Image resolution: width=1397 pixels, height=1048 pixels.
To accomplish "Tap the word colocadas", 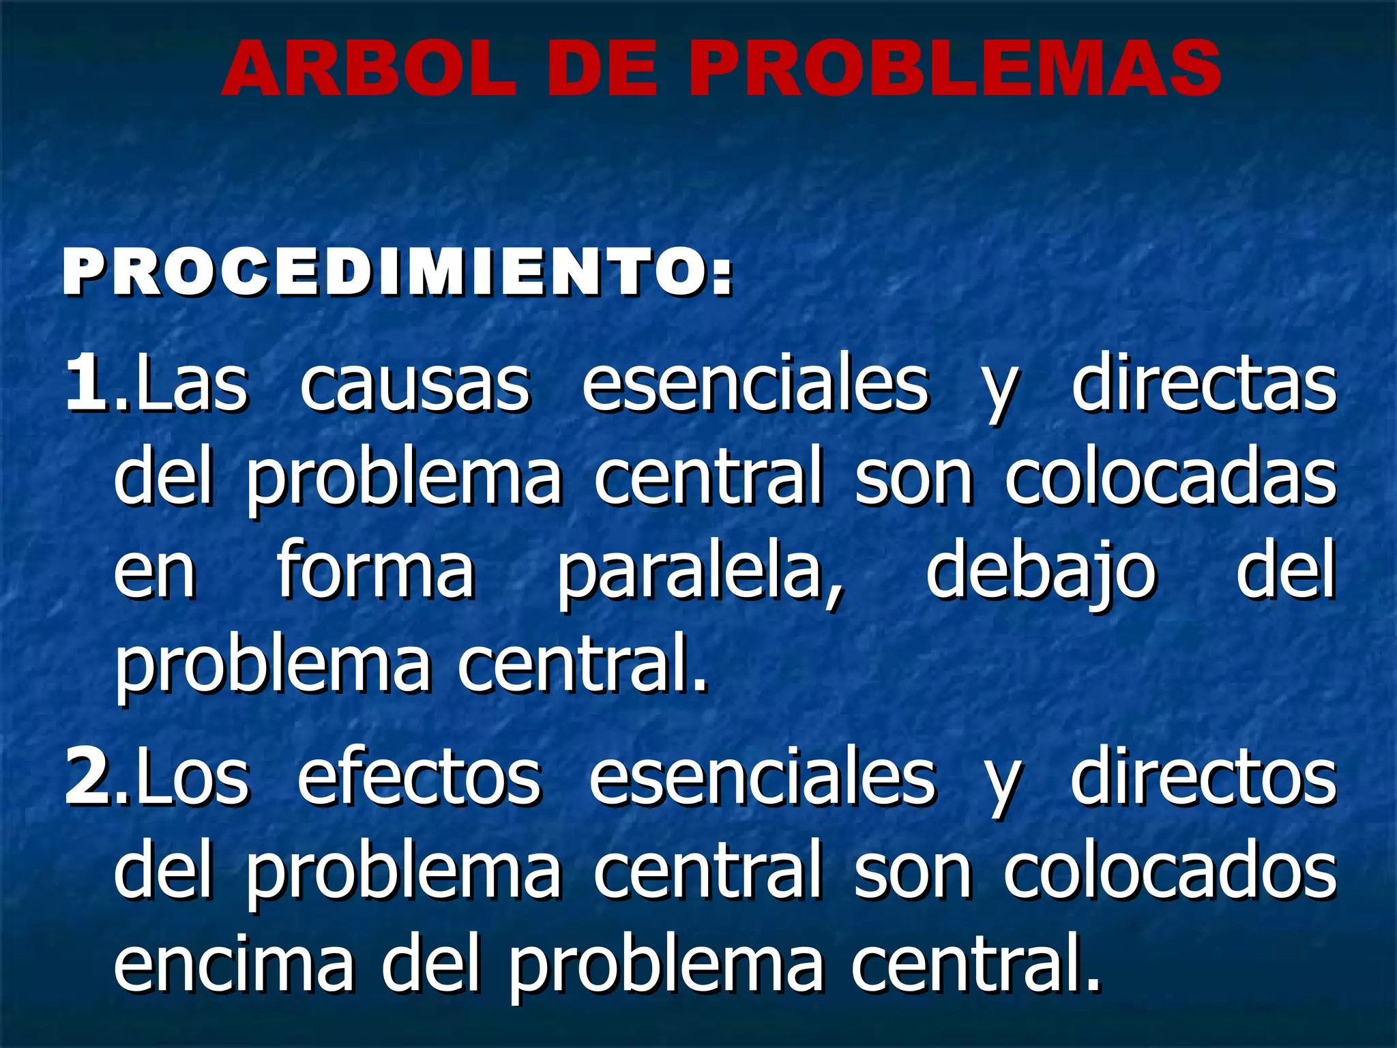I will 1170,478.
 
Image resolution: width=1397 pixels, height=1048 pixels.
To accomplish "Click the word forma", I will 376,570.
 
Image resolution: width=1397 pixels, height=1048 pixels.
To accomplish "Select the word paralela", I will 700,573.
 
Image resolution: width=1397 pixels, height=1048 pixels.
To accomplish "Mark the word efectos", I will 420,777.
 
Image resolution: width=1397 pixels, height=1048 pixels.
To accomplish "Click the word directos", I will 1204,777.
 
